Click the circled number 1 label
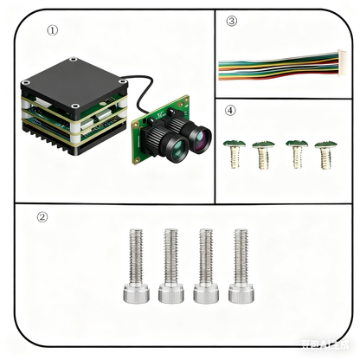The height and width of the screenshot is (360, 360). pos(53,29)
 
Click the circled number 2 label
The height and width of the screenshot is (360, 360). pos(42,217)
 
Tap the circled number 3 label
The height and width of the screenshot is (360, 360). pos(231,21)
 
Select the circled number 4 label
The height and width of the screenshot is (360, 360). pos(229,110)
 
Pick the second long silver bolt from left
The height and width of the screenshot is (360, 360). pos(170,265)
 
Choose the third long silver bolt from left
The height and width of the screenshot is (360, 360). pos(204,265)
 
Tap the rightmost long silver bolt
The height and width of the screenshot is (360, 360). pos(239,265)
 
